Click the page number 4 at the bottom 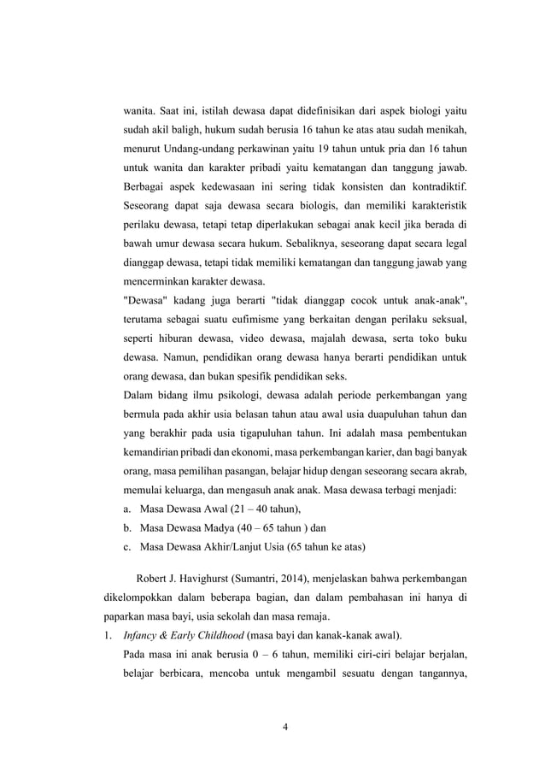(285, 727)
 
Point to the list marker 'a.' (129, 509)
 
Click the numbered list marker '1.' (108, 635)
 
